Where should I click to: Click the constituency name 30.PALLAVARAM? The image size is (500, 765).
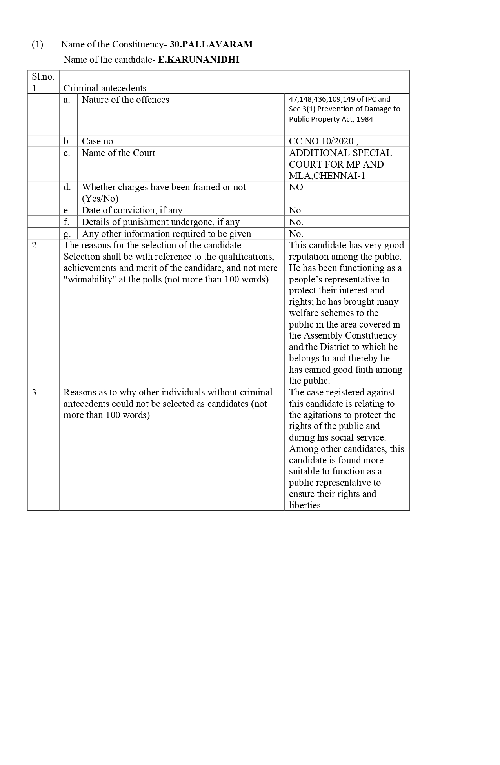(x=211, y=44)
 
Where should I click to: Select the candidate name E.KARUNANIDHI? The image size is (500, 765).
(x=198, y=60)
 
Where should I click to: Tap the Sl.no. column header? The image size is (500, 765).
(x=43, y=76)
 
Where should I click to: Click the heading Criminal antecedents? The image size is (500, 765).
(x=105, y=88)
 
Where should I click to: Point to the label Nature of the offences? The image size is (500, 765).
(x=125, y=100)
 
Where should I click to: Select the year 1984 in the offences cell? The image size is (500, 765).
(x=365, y=119)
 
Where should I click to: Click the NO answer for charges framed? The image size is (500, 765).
(x=296, y=187)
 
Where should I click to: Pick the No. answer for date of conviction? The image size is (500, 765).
(x=296, y=210)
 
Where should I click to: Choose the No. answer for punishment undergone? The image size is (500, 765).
(x=296, y=222)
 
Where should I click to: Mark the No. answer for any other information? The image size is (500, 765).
(x=296, y=234)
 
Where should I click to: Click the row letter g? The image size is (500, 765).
(x=67, y=234)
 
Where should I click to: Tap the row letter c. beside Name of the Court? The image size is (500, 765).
(x=67, y=153)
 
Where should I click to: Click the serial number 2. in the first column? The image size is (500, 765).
(x=35, y=245)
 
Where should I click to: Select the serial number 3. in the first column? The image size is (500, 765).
(x=35, y=392)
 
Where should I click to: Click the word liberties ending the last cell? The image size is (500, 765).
(x=305, y=505)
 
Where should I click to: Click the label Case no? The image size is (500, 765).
(x=98, y=141)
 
